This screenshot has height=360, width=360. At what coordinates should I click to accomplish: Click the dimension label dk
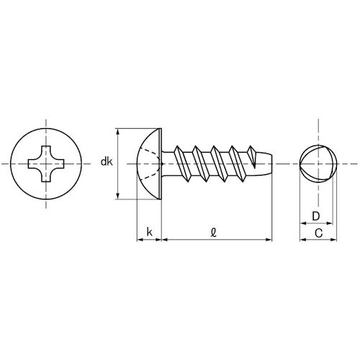click(x=106, y=163)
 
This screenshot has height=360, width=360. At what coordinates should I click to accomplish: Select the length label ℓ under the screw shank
click(x=215, y=230)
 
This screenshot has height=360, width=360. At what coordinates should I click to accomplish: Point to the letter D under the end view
click(x=315, y=216)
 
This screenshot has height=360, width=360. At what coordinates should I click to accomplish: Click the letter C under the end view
click(x=318, y=232)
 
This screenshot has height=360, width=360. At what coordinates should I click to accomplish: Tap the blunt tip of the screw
click(x=267, y=164)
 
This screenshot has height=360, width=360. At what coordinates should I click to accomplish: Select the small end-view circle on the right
click(x=318, y=164)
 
